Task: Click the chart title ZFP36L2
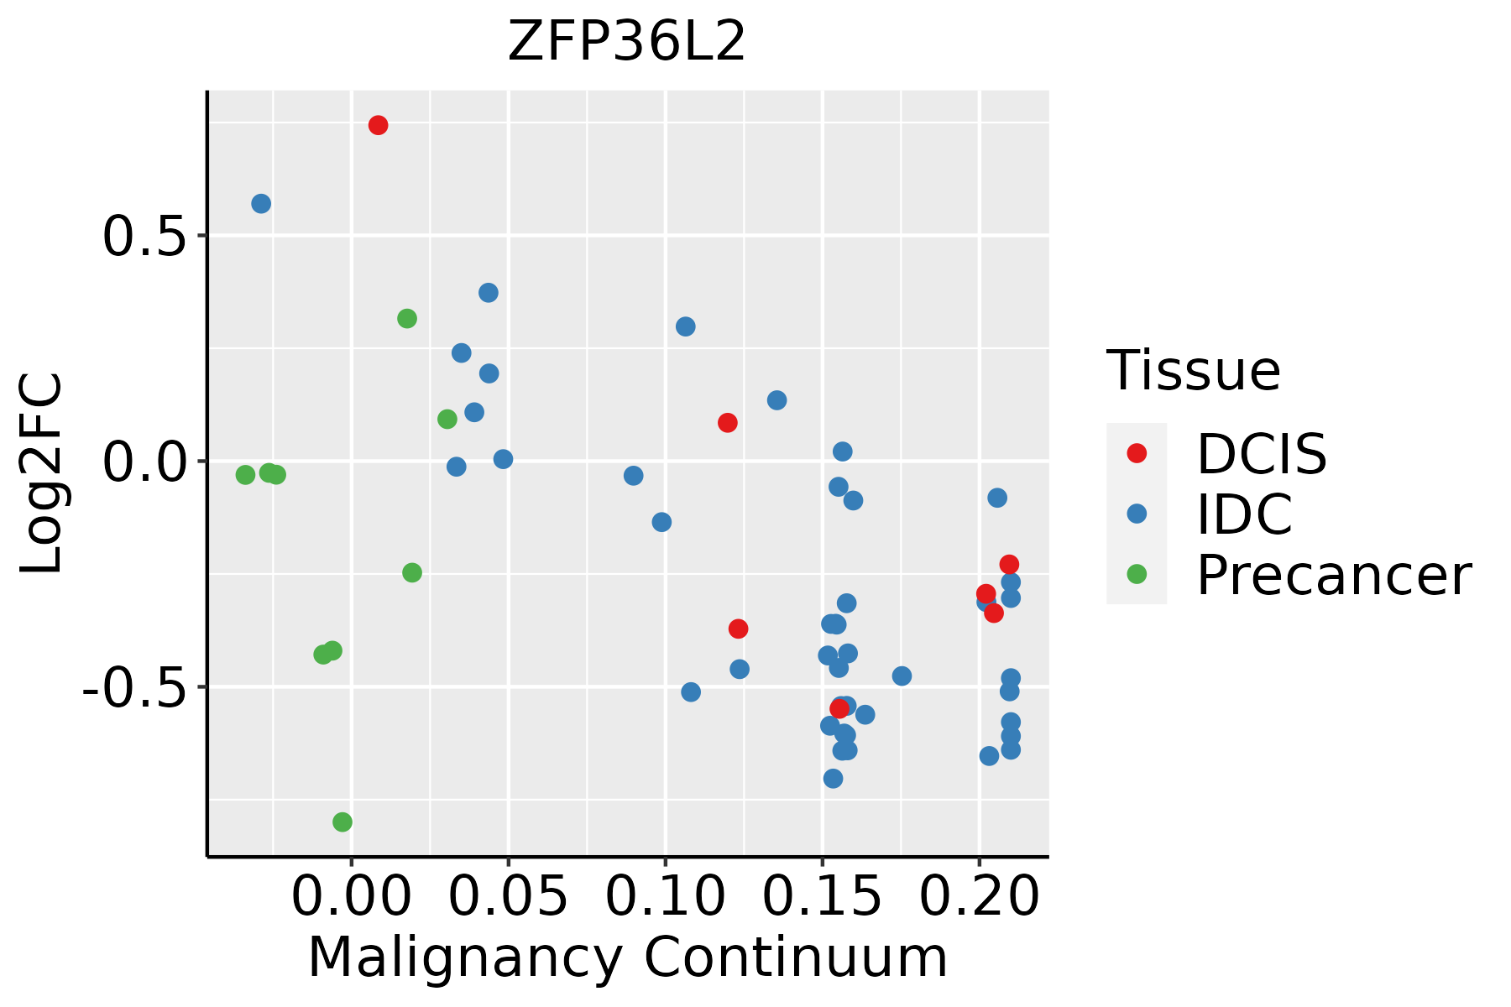[x=626, y=42]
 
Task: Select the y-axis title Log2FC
[x=42, y=473]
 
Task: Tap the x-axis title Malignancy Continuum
[x=628, y=958]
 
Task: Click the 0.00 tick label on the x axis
[x=351, y=896]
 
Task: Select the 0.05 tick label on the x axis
[x=508, y=896]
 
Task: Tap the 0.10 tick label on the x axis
[x=665, y=896]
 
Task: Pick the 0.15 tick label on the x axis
[x=822, y=896]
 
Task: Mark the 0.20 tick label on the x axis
[x=979, y=896]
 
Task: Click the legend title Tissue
[x=1193, y=370]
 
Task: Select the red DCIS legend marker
[x=1137, y=453]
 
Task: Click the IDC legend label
[x=1244, y=514]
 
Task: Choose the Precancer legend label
[x=1333, y=575]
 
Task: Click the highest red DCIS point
[x=378, y=125]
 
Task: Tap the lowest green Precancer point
[x=342, y=822]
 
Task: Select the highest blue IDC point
[x=261, y=204]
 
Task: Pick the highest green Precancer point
[x=407, y=319]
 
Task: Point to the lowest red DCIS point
[x=839, y=709]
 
